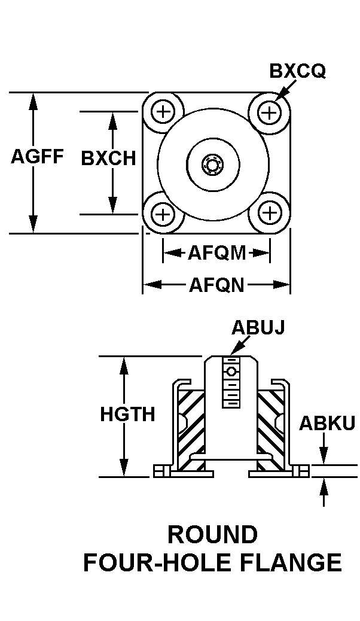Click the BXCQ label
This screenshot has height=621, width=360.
[297, 71]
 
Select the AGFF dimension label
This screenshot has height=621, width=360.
[37, 156]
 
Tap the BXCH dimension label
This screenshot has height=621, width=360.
[108, 158]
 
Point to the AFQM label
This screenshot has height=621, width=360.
[216, 252]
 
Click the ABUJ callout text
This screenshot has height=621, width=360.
[258, 327]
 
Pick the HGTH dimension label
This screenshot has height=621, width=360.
[127, 415]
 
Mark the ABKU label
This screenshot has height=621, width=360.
[327, 423]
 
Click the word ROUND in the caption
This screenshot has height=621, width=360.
[213, 534]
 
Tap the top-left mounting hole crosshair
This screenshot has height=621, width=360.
[163, 112]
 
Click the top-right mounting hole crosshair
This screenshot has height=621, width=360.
[269, 112]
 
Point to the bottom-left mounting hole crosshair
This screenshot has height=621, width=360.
[163, 214]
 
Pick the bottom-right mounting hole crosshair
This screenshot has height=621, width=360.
[270, 214]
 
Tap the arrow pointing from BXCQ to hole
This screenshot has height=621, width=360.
[285, 90]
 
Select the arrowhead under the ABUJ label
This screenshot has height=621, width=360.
[235, 349]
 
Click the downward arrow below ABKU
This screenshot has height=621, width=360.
[324, 448]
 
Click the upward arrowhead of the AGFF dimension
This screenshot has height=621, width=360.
[33, 102]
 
